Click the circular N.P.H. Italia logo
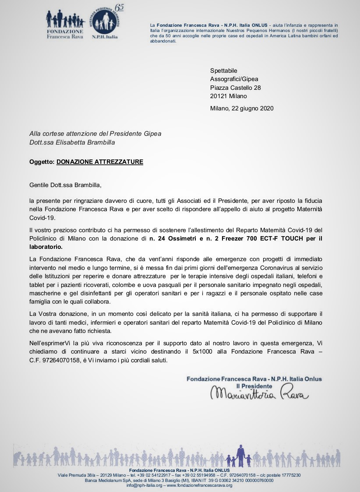tap(105, 22)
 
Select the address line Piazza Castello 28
tap(236, 88)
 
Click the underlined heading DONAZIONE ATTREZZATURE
tap(100, 162)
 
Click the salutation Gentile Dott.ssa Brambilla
tap(65, 185)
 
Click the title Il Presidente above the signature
tap(254, 386)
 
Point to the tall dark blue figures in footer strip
tap(240, 456)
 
